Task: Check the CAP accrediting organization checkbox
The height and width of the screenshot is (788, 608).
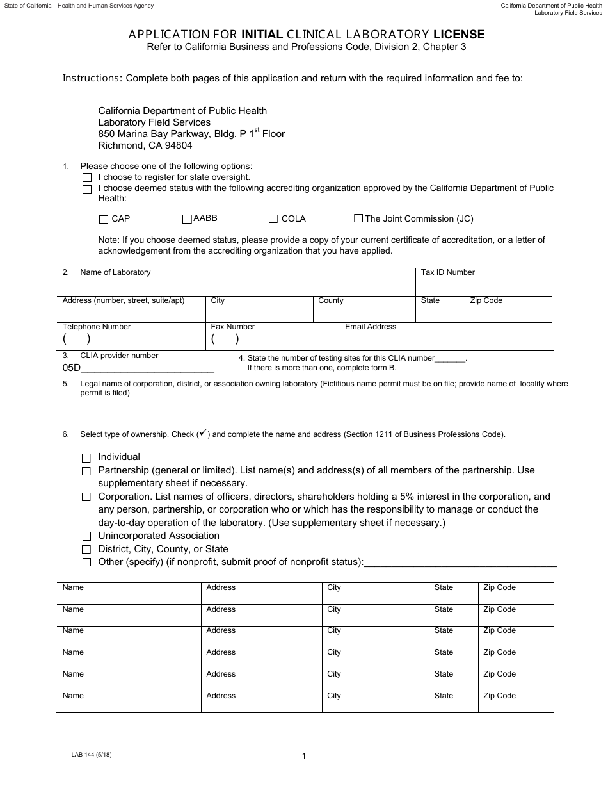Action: click(x=104, y=219)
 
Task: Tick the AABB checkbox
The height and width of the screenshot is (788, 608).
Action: click(x=187, y=219)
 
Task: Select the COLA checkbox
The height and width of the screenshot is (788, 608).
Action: click(x=273, y=219)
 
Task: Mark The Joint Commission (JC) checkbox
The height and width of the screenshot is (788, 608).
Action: click(x=358, y=218)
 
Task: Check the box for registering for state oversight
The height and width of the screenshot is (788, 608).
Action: click(x=87, y=177)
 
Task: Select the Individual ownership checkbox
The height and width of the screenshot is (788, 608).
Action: click(x=86, y=458)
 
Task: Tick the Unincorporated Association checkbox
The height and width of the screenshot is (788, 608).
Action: click(x=86, y=536)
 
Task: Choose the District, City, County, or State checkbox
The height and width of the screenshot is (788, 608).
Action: click(x=86, y=550)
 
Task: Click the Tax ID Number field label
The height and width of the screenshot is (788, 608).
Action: click(x=447, y=272)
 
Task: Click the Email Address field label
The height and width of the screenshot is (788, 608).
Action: click(x=370, y=327)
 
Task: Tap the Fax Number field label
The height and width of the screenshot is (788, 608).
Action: click(x=232, y=327)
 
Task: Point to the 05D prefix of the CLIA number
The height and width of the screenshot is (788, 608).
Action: click(x=71, y=368)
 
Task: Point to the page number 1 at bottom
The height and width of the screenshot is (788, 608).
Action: click(x=303, y=756)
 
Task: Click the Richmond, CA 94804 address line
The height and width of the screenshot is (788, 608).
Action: click(x=145, y=145)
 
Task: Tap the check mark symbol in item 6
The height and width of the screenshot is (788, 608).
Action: click(x=203, y=434)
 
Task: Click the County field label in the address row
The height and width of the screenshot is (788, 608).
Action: click(x=330, y=300)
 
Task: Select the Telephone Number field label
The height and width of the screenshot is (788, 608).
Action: click(x=96, y=327)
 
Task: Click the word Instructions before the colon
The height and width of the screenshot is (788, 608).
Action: click(x=92, y=78)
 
